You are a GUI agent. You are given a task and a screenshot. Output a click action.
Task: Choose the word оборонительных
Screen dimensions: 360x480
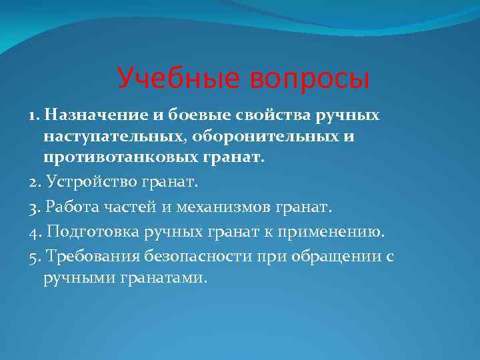tap(263, 137)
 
